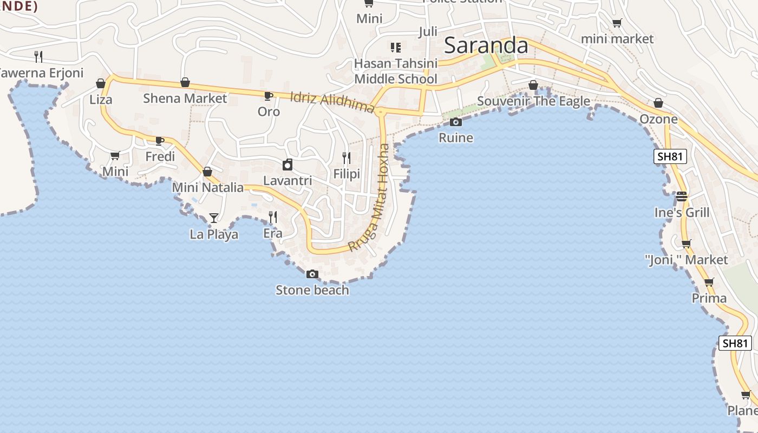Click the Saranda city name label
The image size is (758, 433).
point(486,46)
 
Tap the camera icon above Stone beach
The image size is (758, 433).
point(312,274)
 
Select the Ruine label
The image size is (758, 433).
point(456,138)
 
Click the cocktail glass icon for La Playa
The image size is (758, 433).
point(214,218)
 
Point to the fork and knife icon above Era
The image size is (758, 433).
point(273,217)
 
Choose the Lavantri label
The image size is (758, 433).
point(287,180)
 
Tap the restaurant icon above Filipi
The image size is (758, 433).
point(347,158)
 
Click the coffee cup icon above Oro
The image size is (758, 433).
point(268,96)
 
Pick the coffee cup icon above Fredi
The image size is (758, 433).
point(160,141)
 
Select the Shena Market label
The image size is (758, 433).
point(185,99)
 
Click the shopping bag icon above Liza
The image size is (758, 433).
point(101,83)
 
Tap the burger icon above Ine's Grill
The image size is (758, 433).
point(682,196)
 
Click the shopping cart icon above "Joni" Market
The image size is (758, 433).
point(686,244)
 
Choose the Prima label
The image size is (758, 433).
point(709,298)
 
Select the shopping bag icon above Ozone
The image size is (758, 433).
point(658,103)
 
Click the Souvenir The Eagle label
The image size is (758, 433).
point(533,102)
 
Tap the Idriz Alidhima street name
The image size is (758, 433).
point(332,102)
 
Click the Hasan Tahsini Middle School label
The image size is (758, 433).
point(396,71)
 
